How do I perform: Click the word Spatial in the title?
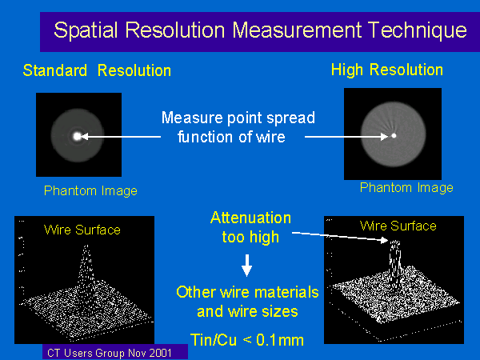pos(86,30)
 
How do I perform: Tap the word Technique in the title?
pos(418,30)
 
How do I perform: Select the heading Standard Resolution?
pos(97,70)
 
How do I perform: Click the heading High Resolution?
pos(387,70)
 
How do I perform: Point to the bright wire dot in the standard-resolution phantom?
pos(77,136)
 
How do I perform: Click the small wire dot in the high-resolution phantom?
pos(394,136)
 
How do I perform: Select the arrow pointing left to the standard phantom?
pos(121,137)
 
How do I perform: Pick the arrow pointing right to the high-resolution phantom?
pos(346,137)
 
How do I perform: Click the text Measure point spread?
pos(238,118)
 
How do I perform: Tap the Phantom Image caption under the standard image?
pos(90,190)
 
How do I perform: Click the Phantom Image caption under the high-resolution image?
pos(406,187)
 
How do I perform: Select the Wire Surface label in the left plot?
pos(82,230)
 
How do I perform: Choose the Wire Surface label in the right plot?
pos(398,226)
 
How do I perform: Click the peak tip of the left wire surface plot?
pos(86,246)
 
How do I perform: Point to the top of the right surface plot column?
pos(394,242)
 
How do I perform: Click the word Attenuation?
pos(250,218)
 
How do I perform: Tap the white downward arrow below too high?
pos(246,266)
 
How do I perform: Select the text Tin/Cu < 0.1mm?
pos(247,340)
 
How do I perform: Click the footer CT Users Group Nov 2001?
pos(110,353)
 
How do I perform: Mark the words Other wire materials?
pos(247,292)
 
